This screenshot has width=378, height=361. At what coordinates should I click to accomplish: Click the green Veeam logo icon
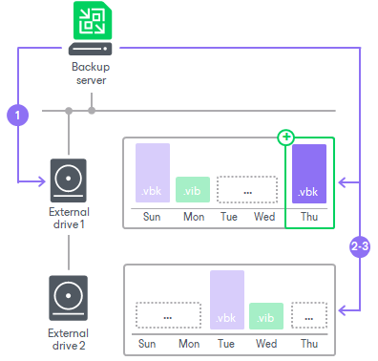pyautogui.click(x=92, y=22)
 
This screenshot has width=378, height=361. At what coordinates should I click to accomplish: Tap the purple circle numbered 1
pyautogui.click(x=17, y=115)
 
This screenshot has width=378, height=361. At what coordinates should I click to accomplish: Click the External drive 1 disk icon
pyautogui.click(x=69, y=179)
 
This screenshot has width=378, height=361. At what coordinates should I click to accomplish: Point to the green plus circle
pyautogui.click(x=285, y=138)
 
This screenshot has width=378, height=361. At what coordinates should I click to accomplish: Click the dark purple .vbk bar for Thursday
pyautogui.click(x=309, y=174)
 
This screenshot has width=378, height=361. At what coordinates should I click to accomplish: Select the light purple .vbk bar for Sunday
pyautogui.click(x=153, y=174)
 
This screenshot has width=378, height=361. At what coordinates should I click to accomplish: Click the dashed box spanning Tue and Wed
pyautogui.click(x=246, y=189)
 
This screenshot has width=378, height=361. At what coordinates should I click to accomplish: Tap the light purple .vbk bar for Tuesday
pyautogui.click(x=227, y=300)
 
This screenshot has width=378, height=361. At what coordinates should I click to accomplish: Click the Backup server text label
pyautogui.click(x=91, y=74)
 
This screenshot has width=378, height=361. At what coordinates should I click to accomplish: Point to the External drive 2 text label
pyautogui.click(x=69, y=338)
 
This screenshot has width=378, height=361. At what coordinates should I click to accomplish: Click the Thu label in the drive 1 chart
pyautogui.click(x=309, y=217)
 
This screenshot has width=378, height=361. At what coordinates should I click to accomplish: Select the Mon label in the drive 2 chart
pyautogui.click(x=189, y=343)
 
